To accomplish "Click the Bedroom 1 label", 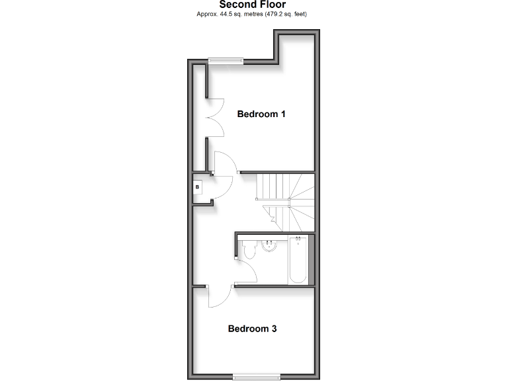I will [x=261, y=114].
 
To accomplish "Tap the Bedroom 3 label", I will [x=252, y=329].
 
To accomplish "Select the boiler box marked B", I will [x=197, y=187].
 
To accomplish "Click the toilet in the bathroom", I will [x=249, y=250].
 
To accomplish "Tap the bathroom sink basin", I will [x=270, y=246].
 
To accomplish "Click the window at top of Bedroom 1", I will [x=226, y=62].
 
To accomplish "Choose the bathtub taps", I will [x=298, y=239].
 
